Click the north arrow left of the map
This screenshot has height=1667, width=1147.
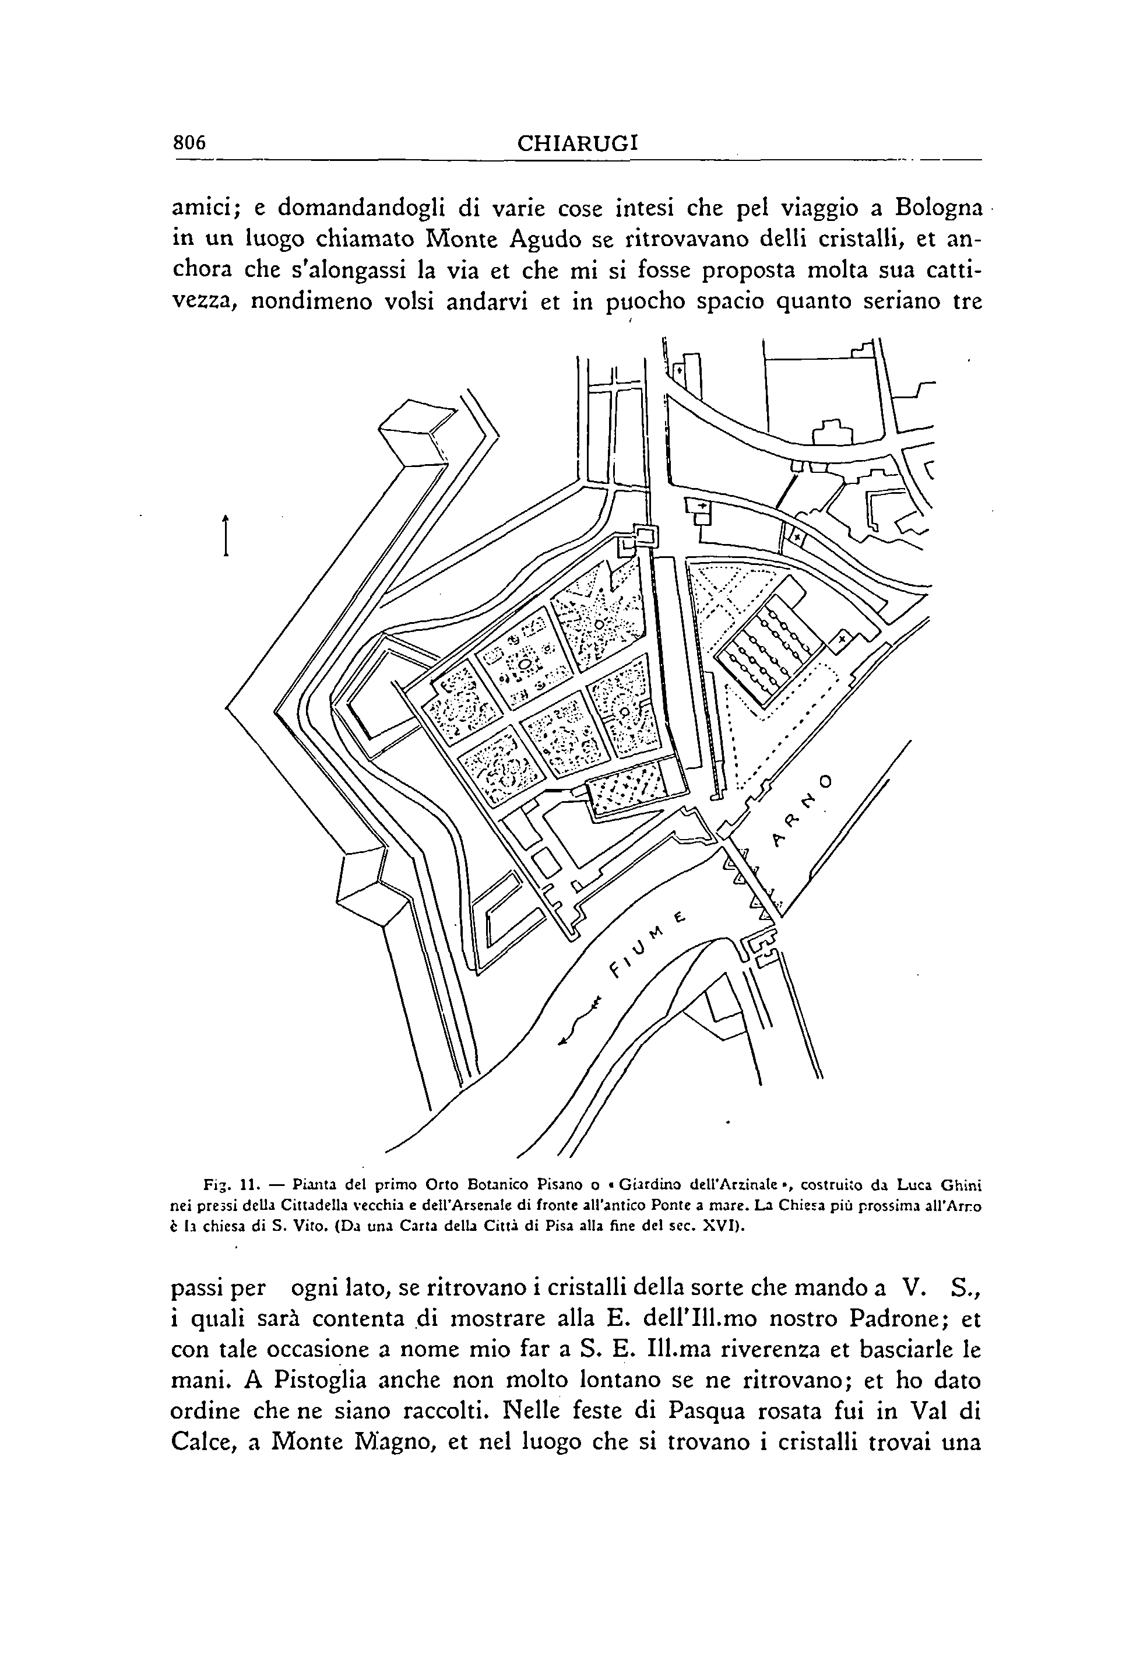point(226,535)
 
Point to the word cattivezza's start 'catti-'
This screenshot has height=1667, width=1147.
point(946,271)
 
